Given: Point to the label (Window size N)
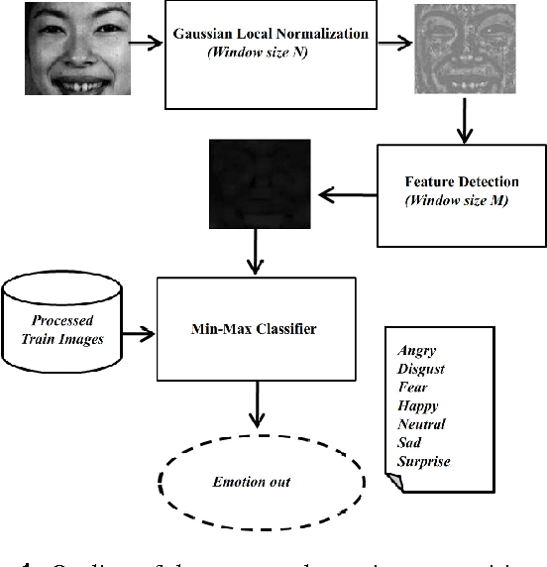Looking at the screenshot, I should (257, 53).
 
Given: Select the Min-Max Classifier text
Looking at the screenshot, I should (256, 328).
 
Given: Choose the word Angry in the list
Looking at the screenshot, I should (416, 351).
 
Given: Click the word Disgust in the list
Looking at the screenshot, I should (420, 369).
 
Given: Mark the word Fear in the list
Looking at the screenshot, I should (412, 388).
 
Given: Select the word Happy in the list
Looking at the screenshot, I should (417, 405).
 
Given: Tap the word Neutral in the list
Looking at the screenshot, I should (421, 424).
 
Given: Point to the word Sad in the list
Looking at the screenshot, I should (409, 442).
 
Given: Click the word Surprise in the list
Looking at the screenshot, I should (423, 461).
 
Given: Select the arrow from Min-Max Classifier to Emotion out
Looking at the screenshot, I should (256, 405).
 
